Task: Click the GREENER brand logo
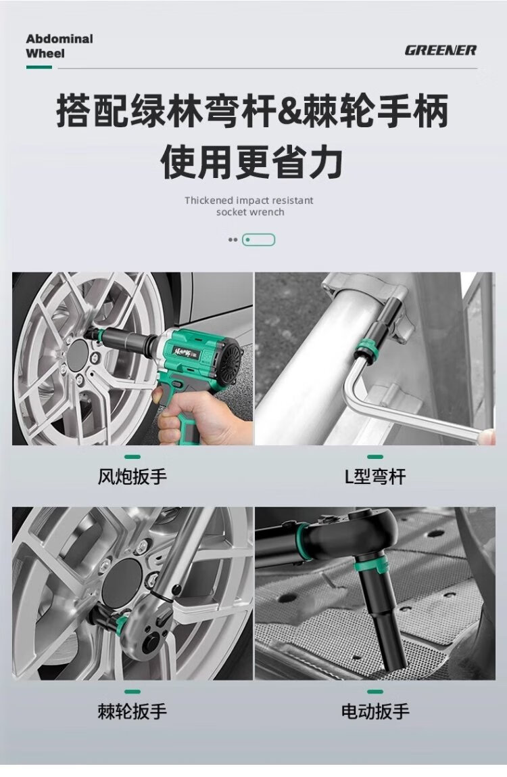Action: pos(441,50)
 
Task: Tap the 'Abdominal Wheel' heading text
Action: pos(59,45)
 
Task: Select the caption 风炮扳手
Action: pos(132,476)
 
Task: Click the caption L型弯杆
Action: pos(375,476)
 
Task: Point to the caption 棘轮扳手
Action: pos(132,711)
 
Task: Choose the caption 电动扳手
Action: pos(375,711)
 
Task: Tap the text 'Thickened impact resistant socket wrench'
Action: pos(249,206)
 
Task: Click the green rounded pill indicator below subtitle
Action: pos(258,240)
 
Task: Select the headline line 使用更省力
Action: pos(252,162)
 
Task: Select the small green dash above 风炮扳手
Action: pos(132,457)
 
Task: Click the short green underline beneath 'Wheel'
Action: pos(39,68)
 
